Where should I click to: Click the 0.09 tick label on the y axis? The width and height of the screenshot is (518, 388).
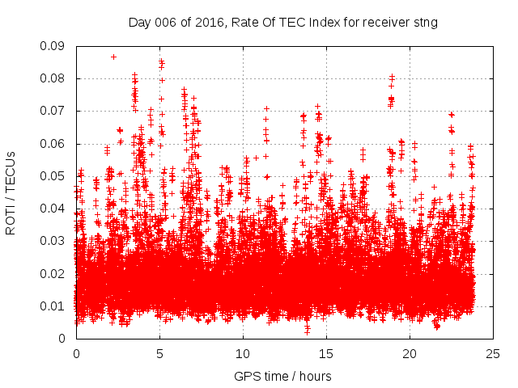coord(54,46)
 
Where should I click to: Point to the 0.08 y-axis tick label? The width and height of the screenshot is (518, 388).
coord(54,78)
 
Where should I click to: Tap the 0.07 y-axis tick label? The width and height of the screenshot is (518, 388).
coord(54,111)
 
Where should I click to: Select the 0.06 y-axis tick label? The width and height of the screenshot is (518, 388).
coord(54,144)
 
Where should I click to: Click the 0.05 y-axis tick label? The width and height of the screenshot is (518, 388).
coord(54,176)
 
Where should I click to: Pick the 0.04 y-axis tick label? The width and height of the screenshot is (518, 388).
coord(54,209)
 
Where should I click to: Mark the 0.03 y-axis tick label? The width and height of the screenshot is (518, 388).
coord(54,241)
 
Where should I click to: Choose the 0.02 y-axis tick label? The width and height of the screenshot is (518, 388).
coord(54,273)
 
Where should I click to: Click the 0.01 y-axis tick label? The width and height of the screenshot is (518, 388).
coord(54,306)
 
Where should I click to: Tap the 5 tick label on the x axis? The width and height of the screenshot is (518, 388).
coord(159,353)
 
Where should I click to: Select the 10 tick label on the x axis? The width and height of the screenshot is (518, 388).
coord(243,353)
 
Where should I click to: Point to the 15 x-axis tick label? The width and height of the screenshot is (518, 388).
coord(326,353)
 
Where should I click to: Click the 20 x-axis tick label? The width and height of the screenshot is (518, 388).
coord(410,353)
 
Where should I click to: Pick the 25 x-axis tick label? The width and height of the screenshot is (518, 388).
coord(493,353)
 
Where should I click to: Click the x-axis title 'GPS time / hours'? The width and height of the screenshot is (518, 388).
coord(282,376)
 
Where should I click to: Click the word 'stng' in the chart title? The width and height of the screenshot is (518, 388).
coord(425,23)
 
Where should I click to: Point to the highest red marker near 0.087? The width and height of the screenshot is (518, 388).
coord(113,57)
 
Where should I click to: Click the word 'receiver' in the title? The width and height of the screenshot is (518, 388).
coord(386,23)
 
